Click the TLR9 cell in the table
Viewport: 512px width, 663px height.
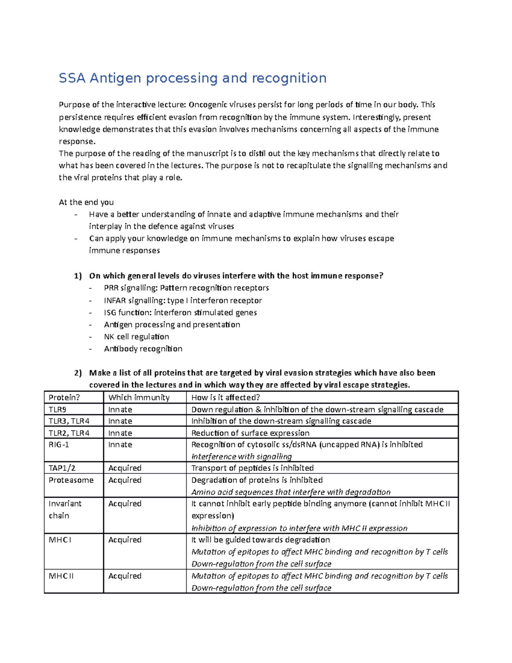click(57, 409)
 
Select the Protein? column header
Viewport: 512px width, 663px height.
click(64, 397)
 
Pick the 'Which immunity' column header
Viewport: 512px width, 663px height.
click(139, 397)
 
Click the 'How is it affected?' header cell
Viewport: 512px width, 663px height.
click(226, 397)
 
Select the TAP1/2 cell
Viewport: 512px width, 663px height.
click(62, 468)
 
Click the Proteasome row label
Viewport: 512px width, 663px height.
click(71, 480)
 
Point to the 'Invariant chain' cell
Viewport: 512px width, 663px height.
click(64, 509)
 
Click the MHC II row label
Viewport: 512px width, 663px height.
click(61, 576)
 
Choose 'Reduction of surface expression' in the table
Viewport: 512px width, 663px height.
click(250, 433)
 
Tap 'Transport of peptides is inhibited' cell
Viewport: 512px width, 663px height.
click(252, 468)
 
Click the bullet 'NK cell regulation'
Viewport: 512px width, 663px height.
click(137, 336)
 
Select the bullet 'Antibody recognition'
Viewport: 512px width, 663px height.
click(143, 349)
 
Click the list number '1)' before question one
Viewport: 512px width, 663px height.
click(77, 276)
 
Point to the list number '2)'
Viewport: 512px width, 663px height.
click(77, 373)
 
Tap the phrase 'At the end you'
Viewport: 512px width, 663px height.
click(86, 202)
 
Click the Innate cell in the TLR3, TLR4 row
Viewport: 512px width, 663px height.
click(120, 421)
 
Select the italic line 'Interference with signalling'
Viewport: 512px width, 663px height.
click(241, 456)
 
